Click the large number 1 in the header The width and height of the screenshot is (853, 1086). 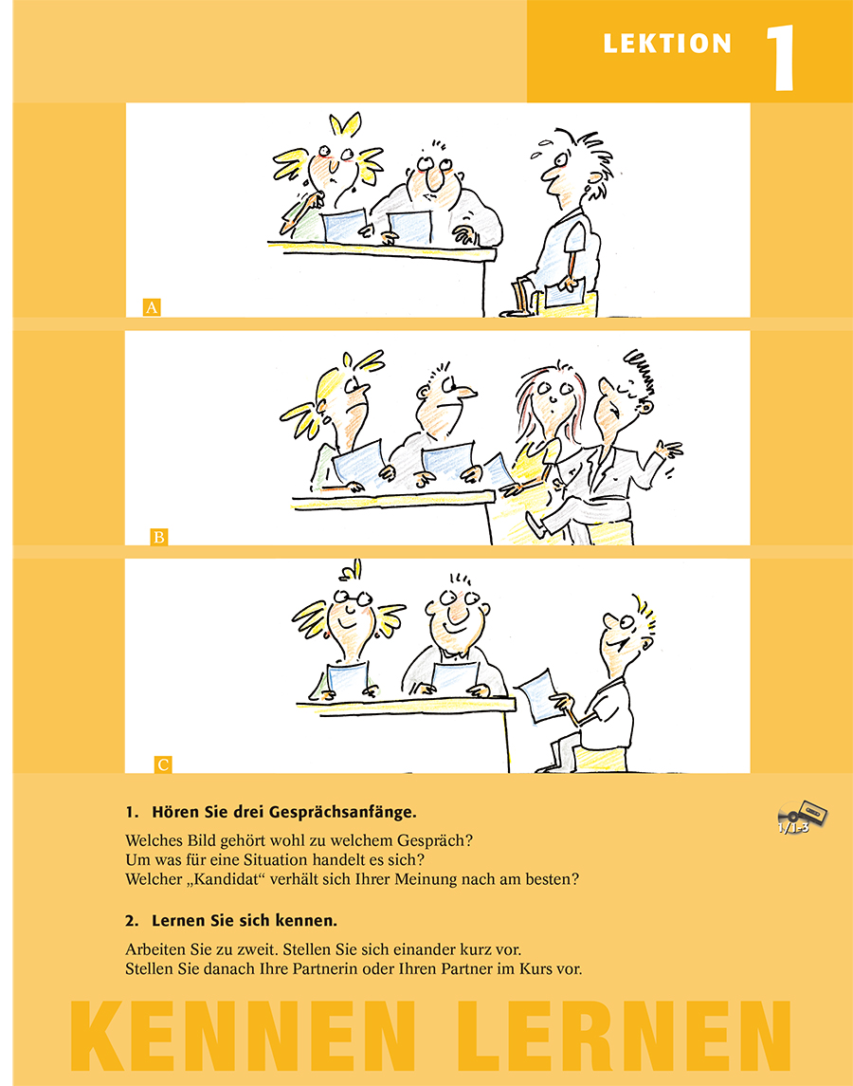[781, 58]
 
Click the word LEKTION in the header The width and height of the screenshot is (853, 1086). [667, 44]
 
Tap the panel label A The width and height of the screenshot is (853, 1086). [152, 306]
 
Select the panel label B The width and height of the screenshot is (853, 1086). [158, 537]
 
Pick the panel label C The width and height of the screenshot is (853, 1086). [163, 764]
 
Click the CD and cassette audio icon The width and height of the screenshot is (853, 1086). [801, 817]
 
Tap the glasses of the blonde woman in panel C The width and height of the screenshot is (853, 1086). [354, 597]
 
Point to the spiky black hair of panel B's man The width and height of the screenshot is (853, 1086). [640, 372]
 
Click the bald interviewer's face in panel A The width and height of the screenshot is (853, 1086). [434, 175]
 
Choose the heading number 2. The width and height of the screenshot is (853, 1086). [131, 921]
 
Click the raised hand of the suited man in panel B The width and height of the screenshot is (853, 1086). [669, 450]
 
